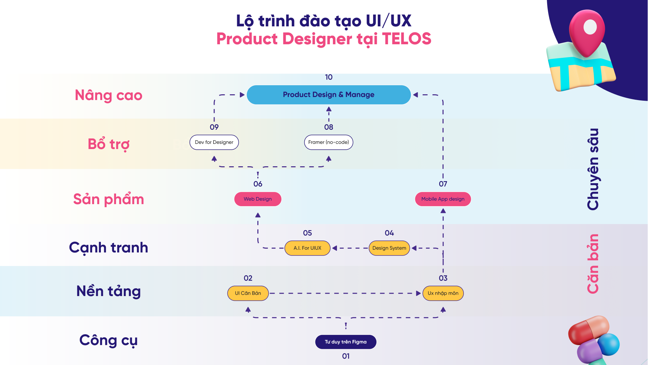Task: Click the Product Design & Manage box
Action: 329,95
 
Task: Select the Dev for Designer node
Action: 214,142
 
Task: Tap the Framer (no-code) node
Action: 329,142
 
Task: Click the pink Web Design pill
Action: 258,199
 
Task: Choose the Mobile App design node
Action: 443,199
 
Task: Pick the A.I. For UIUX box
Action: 307,248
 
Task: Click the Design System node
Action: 389,248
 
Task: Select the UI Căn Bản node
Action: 248,293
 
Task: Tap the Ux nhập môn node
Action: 443,293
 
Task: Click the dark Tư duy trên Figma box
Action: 345,342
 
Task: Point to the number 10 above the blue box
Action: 329,77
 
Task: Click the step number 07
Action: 443,184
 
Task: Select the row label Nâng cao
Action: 108,95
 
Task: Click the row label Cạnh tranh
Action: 108,248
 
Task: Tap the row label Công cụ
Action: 108,340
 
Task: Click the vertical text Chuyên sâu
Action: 593,169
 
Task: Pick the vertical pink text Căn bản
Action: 593,264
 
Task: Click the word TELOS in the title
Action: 406,39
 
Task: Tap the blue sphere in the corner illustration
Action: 609,344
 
